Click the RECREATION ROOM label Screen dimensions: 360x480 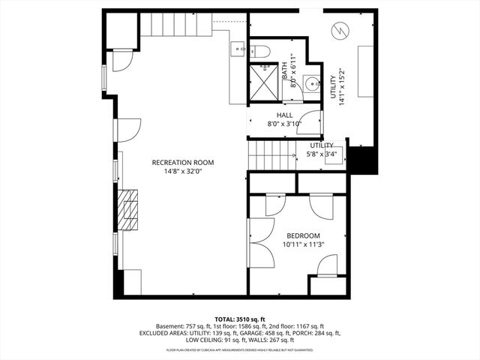(x=182, y=162)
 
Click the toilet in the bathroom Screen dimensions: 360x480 (x=260, y=51)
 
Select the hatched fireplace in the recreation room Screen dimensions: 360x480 (x=128, y=208)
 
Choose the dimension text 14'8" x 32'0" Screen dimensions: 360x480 (x=182, y=172)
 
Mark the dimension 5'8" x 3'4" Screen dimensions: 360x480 (x=322, y=154)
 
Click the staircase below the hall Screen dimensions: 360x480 (x=271, y=157)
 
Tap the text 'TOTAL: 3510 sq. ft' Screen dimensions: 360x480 (x=239, y=319)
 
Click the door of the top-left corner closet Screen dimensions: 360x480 (x=121, y=60)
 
